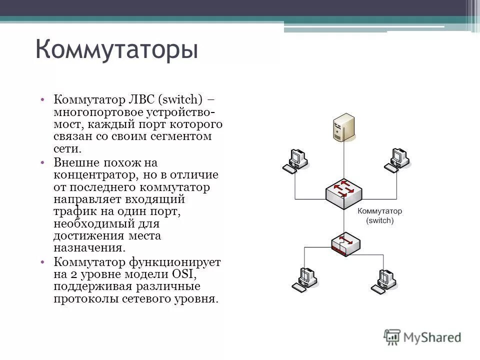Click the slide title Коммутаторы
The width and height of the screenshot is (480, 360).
click(x=116, y=51)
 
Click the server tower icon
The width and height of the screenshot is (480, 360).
click(x=343, y=126)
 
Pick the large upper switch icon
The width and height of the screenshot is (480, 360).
click(x=343, y=192)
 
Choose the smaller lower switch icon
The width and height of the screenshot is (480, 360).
click(x=345, y=244)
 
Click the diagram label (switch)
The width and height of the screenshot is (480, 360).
click(x=380, y=220)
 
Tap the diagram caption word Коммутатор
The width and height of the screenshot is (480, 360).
click(x=380, y=211)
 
